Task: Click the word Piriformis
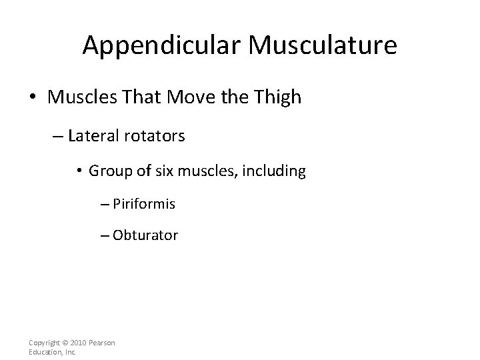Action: (x=144, y=203)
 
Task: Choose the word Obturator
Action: (x=145, y=235)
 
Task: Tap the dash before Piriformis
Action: (x=104, y=204)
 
